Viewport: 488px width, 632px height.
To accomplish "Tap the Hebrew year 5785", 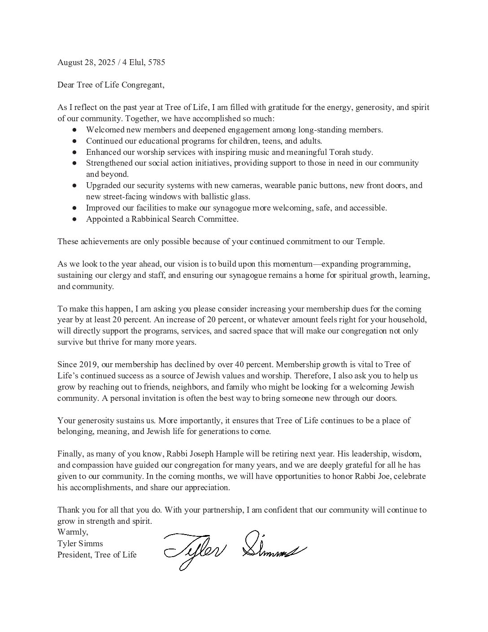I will tap(157, 62).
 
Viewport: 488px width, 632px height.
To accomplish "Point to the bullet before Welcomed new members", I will tap(75, 130).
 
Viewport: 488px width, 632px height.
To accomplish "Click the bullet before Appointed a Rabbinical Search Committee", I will tap(75, 219).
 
